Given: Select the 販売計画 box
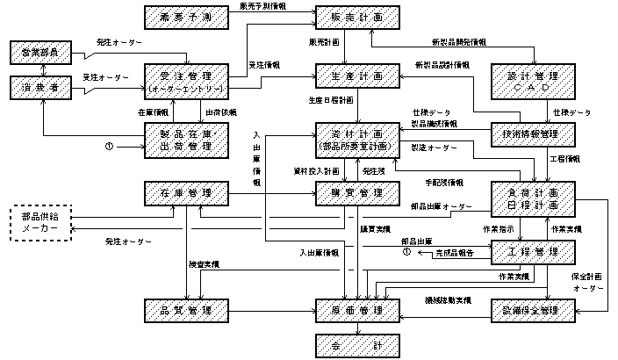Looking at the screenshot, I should tap(349, 18).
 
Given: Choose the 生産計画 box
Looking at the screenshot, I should tap(349, 76).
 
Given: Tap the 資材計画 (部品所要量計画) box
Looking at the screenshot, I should tap(349, 139).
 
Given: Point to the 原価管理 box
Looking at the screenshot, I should tap(349, 310).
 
